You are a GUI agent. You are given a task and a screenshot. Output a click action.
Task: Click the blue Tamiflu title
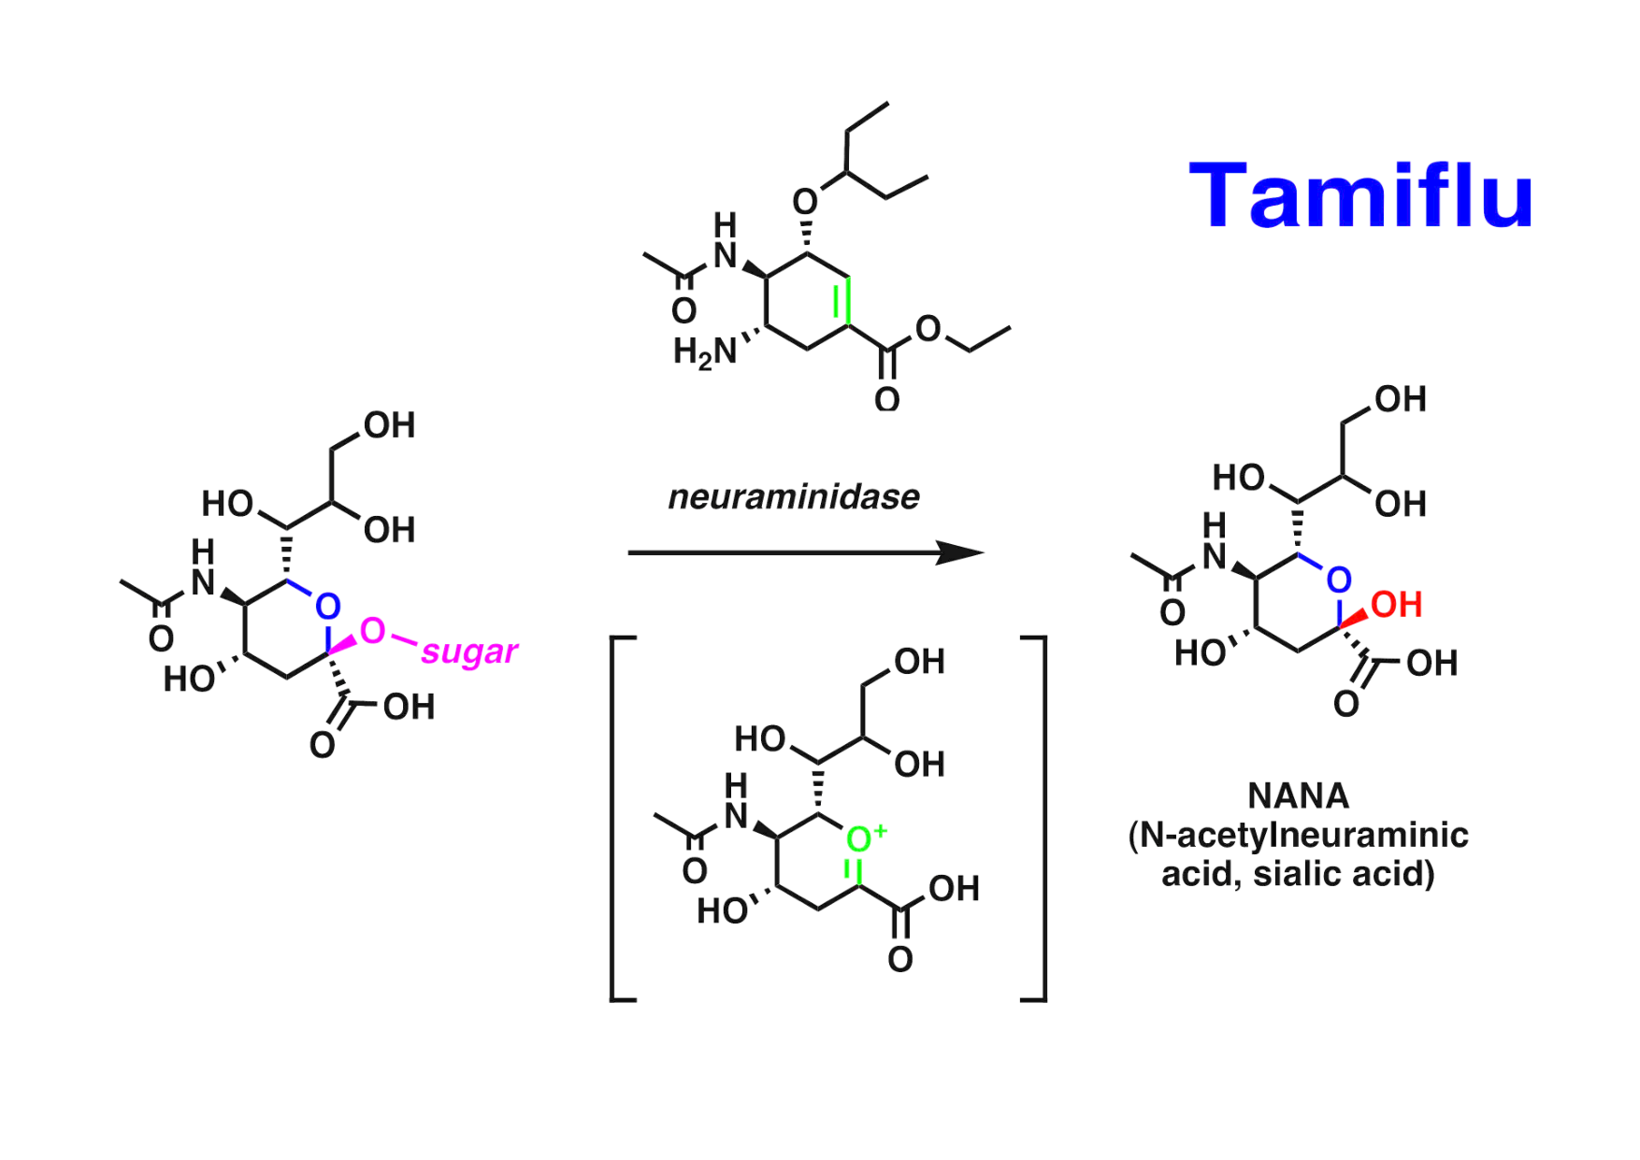coord(1360,196)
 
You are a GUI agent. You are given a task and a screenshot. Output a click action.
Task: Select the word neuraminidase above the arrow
coord(794,497)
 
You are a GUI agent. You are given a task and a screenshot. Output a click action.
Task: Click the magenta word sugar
coord(469,651)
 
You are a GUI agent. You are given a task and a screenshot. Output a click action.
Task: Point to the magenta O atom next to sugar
coord(372,631)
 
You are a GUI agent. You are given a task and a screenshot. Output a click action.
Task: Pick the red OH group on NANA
coord(1397,605)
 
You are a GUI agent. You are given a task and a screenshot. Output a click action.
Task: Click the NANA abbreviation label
coord(1299,796)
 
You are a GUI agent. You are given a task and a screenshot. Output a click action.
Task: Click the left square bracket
coord(618,819)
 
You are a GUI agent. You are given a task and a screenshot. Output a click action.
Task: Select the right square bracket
coord(1038,819)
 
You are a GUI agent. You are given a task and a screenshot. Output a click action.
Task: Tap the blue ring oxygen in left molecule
coord(327,607)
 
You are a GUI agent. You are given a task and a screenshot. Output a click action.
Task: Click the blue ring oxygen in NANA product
coord(1339,580)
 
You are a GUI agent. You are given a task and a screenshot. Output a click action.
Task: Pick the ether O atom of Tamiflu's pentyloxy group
coord(804,201)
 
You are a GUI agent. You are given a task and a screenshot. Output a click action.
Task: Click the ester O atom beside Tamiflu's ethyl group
coord(928,328)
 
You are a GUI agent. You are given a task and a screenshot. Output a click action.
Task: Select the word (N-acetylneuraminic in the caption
coord(1299,835)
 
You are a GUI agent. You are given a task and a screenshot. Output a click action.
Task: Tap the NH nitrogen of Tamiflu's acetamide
coord(726,255)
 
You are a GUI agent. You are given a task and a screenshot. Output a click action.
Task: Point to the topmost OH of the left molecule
coord(390,426)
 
